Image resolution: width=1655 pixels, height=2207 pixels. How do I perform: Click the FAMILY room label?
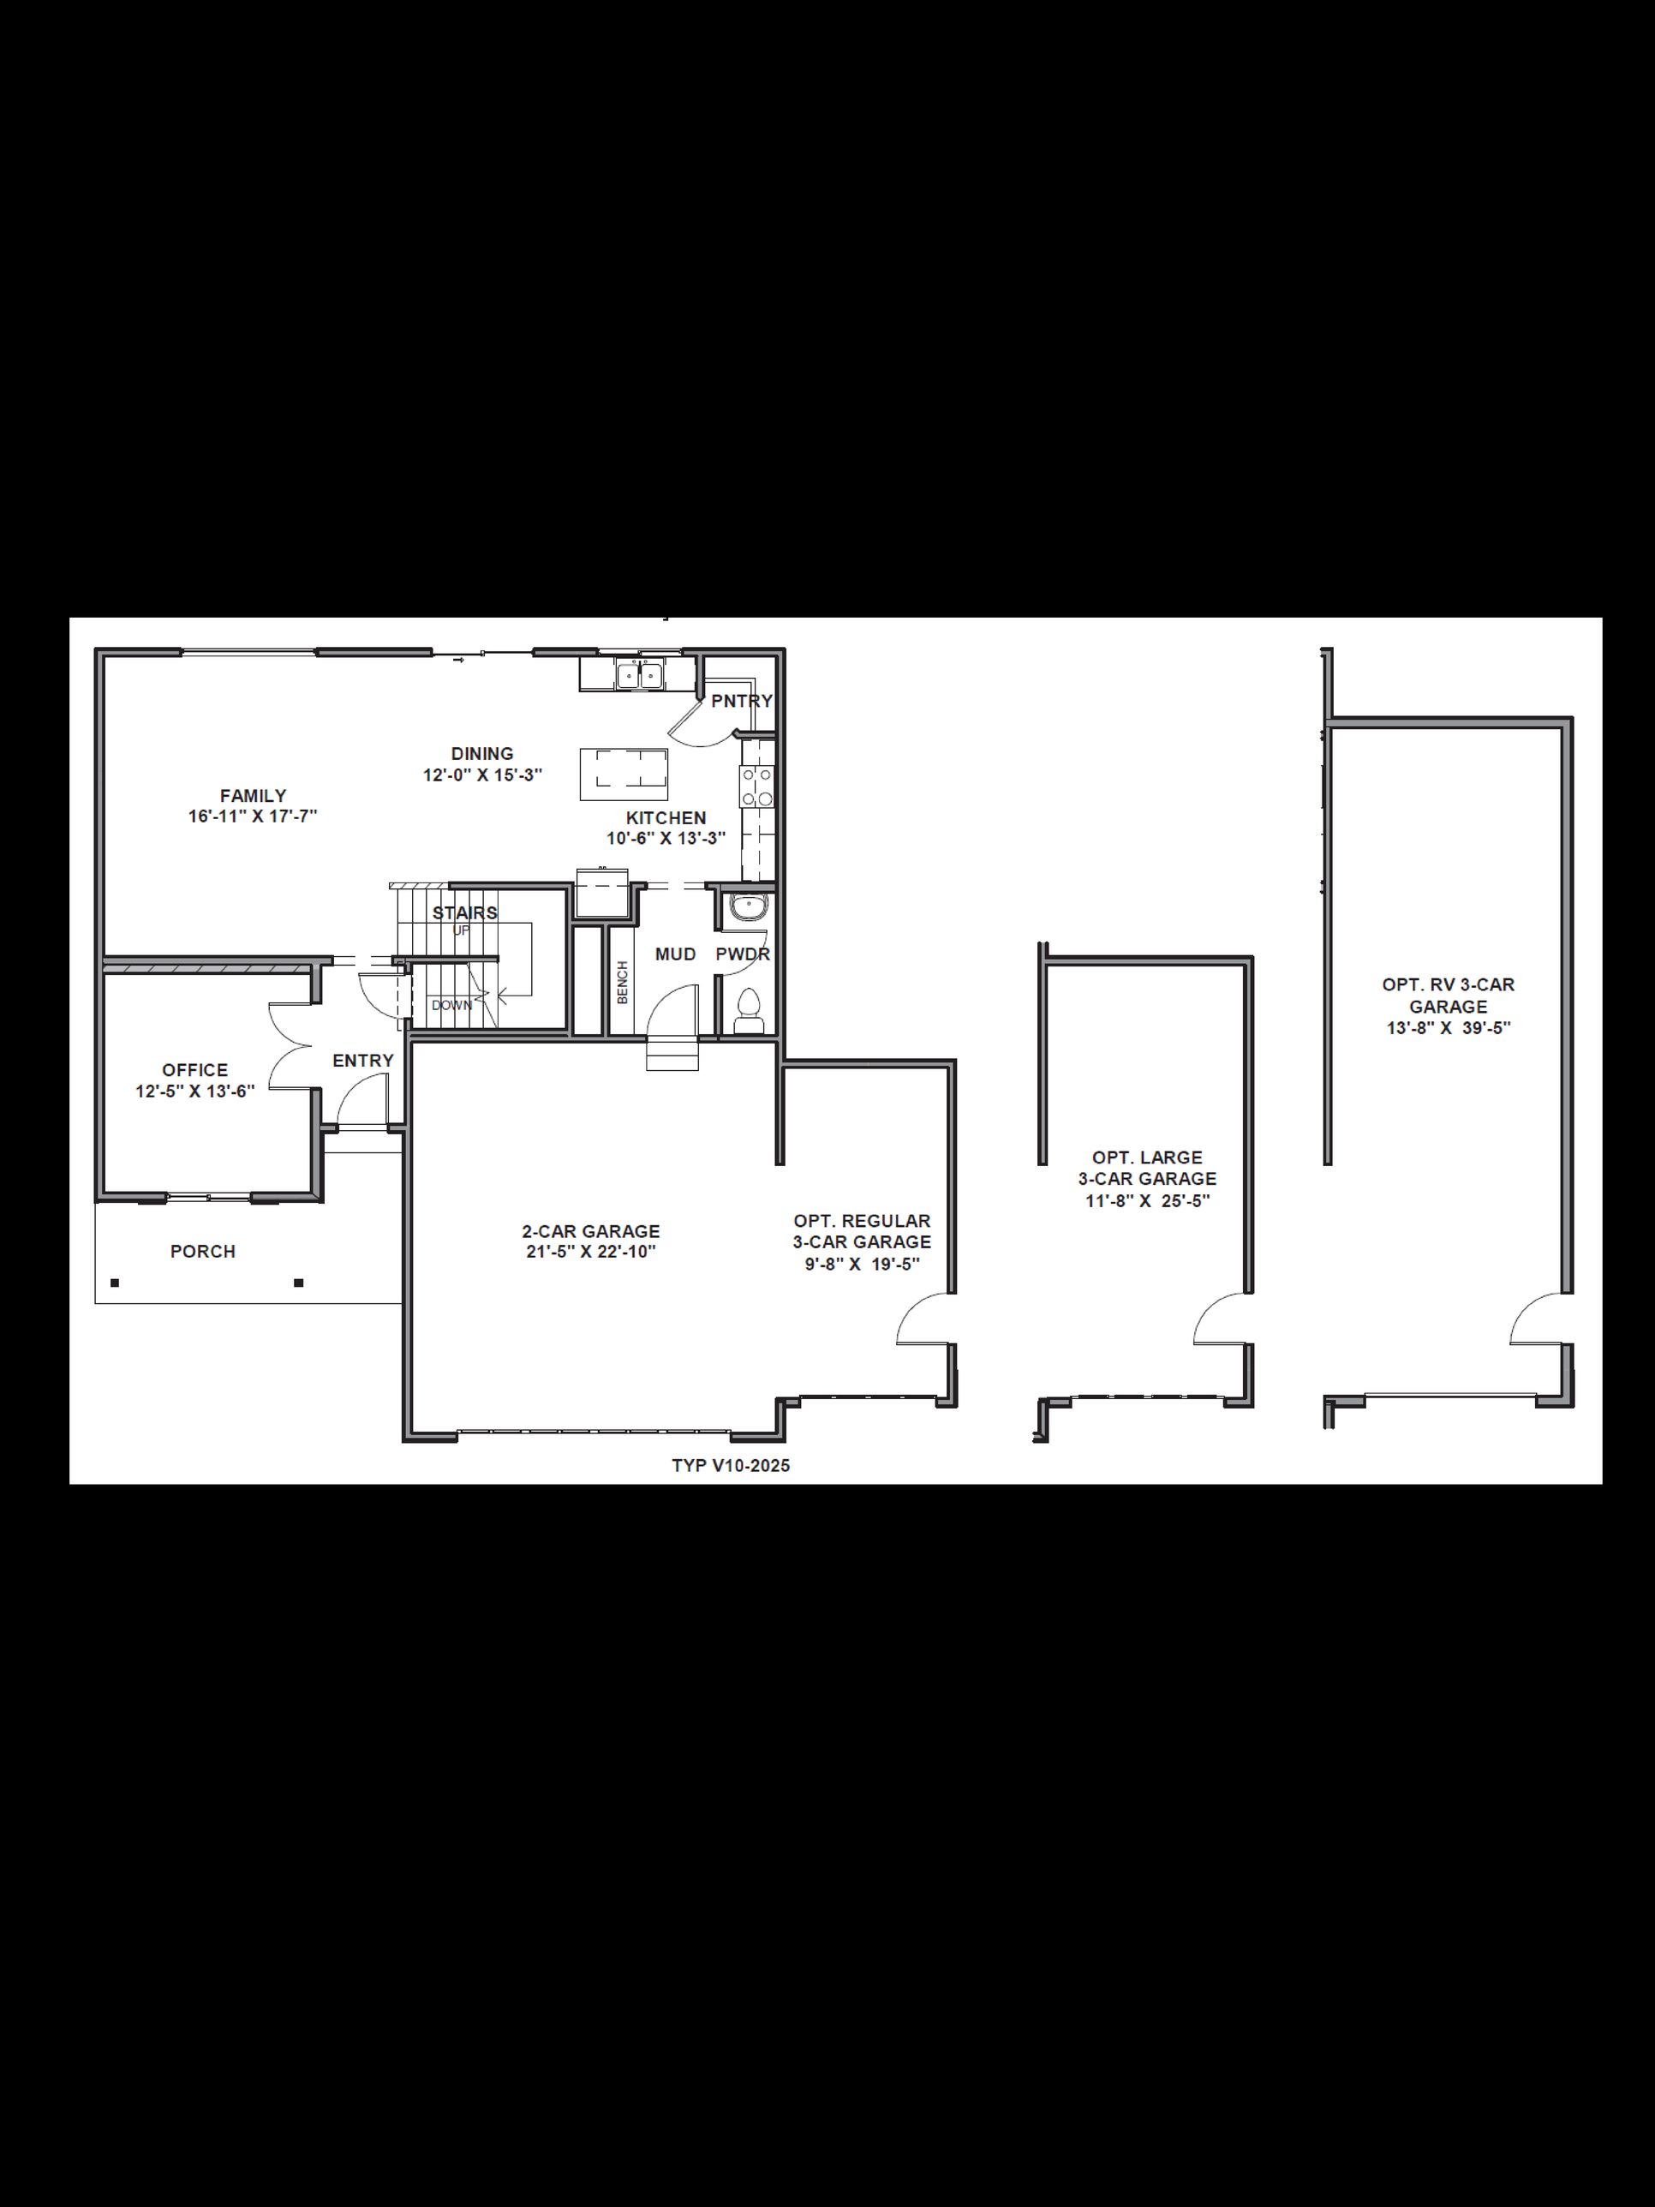point(254,795)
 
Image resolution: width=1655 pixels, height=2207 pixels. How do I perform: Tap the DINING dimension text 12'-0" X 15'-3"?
point(483,775)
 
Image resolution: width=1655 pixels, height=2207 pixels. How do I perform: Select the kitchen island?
point(624,774)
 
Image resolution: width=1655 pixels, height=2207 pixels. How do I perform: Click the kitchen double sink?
point(639,674)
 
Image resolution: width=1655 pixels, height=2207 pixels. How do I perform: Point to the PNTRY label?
point(741,701)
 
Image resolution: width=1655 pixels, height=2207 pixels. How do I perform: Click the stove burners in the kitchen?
point(756,787)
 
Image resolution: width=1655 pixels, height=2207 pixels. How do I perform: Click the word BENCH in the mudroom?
point(623,982)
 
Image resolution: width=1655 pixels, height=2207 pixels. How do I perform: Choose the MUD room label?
point(675,954)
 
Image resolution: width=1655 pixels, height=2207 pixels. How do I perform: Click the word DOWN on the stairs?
point(452,1005)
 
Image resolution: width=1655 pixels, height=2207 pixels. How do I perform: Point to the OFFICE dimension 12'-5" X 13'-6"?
point(195,1091)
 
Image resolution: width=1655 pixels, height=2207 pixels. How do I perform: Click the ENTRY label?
point(363,1060)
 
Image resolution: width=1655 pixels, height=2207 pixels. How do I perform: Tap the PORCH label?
point(202,1251)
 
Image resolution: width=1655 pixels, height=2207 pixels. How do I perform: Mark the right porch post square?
point(298,1283)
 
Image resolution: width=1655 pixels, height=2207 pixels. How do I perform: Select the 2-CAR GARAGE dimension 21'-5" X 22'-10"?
point(590,1251)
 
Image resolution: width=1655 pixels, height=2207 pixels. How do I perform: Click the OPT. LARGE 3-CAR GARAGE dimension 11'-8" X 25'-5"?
point(1147,1200)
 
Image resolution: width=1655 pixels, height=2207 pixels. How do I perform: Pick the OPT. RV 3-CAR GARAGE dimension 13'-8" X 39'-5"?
point(1449,1027)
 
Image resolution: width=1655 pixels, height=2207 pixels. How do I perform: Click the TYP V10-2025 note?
point(730,1465)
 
